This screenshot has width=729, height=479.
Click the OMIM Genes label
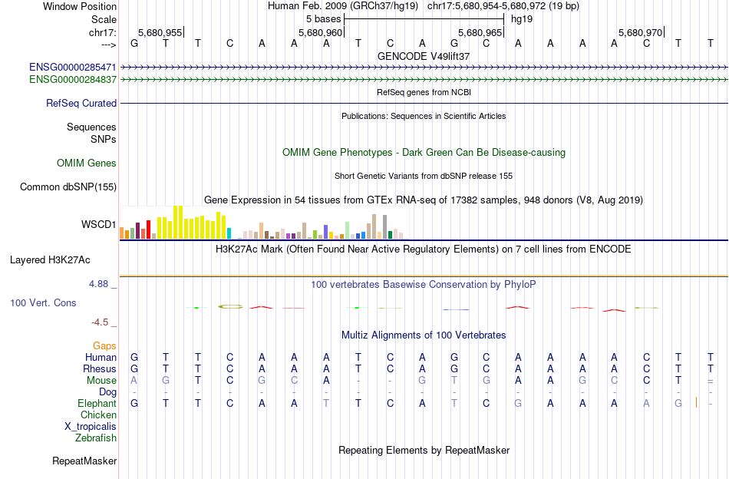[87, 163]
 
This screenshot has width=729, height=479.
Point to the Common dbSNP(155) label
[68, 187]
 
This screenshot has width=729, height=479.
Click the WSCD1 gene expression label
[99, 225]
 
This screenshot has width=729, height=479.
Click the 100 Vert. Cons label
[43, 303]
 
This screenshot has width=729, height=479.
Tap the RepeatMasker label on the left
[84, 461]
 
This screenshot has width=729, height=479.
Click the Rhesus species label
[101, 368]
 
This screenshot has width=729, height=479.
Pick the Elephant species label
[97, 403]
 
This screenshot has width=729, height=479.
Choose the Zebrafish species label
[96, 438]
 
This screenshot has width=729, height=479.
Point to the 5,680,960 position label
[320, 33]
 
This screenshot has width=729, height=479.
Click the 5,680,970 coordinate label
[640, 33]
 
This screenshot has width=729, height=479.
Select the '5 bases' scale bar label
[323, 18]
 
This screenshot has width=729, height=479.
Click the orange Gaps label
[104, 345]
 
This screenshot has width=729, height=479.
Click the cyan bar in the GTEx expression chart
[229, 233]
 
